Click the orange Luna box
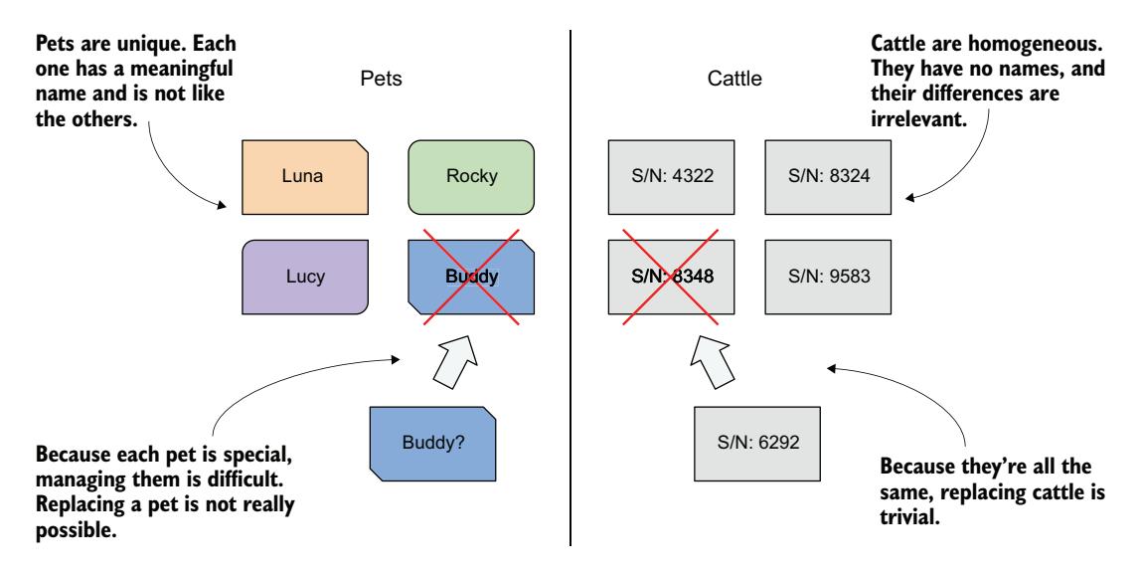(305, 177)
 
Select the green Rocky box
(471, 177)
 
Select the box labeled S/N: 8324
(826, 177)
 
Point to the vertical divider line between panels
(570, 288)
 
